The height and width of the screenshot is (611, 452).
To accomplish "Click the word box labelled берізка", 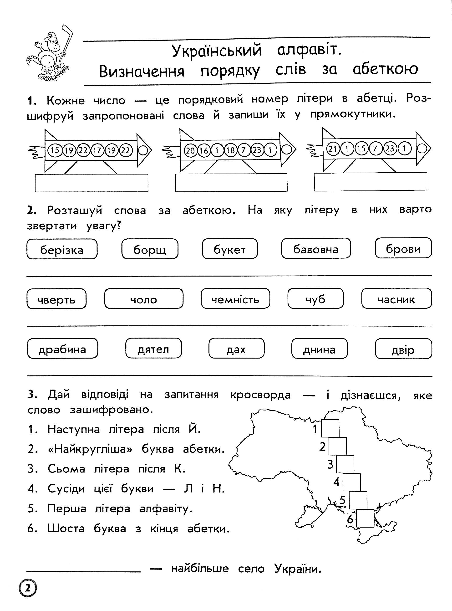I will (x=62, y=249).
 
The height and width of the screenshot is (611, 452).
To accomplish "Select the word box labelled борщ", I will (x=150, y=249).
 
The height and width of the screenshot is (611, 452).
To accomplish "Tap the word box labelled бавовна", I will (x=316, y=248).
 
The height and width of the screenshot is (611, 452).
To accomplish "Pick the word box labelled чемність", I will (x=235, y=299).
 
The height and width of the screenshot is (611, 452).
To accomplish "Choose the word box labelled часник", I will (x=396, y=298).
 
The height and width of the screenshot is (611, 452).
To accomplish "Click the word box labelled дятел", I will (x=153, y=349).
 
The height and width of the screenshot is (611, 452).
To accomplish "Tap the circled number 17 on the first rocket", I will (x=97, y=150).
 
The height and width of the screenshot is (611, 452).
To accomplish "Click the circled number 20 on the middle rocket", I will (x=190, y=150).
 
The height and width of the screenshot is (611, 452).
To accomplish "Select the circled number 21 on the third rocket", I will (x=333, y=149).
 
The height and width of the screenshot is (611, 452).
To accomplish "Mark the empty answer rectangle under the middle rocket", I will (x=231, y=183).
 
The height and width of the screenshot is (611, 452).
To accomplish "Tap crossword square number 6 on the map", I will (x=365, y=518).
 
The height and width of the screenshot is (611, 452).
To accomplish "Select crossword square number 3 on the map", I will (x=345, y=464).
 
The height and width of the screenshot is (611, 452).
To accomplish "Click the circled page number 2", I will (x=28, y=588).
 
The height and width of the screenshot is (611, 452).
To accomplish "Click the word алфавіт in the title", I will (x=309, y=50).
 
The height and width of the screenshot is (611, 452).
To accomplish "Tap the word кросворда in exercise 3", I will (x=260, y=395).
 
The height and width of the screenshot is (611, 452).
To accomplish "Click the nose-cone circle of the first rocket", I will (x=144, y=150).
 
